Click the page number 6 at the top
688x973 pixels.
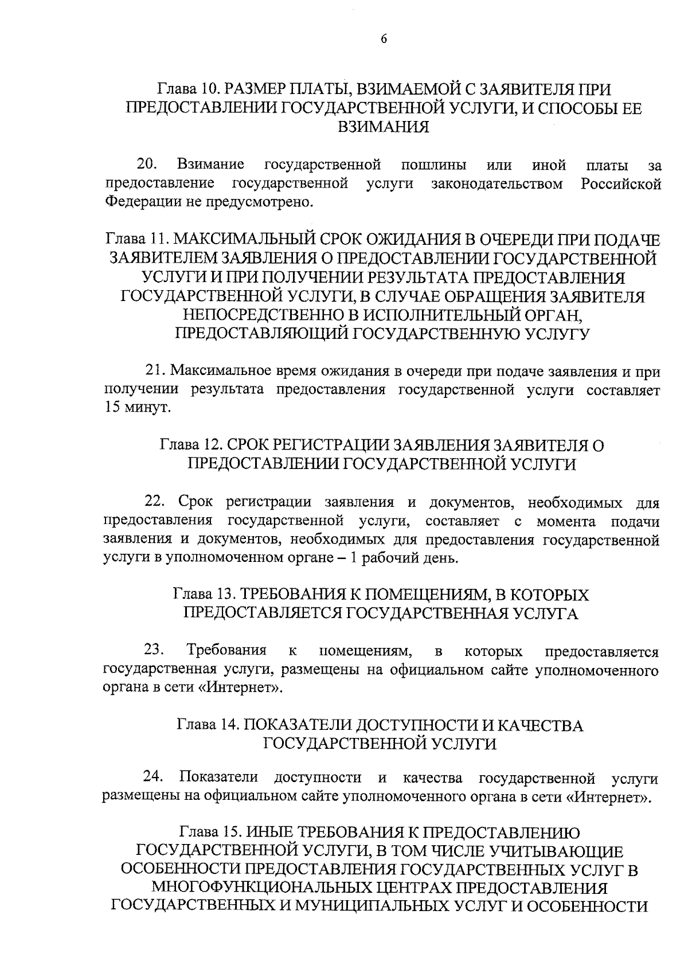[x=384, y=39]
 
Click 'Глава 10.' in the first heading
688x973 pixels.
[x=186, y=89]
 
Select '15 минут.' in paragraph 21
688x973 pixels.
[x=138, y=408]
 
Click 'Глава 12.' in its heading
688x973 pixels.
[x=189, y=446]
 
